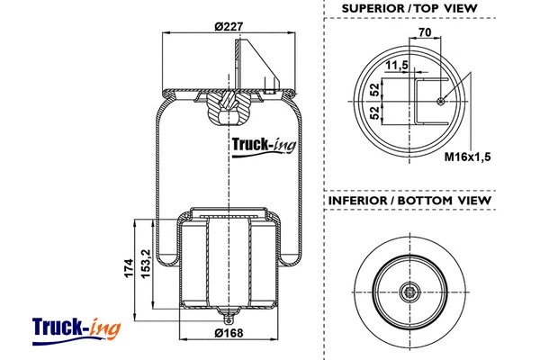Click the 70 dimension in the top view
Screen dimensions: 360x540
[x=426, y=33]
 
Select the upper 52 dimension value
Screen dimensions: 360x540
[x=373, y=88]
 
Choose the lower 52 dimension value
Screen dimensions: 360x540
[x=373, y=112]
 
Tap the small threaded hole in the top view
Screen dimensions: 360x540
[x=438, y=101]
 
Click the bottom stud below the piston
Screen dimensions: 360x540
[x=229, y=318]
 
